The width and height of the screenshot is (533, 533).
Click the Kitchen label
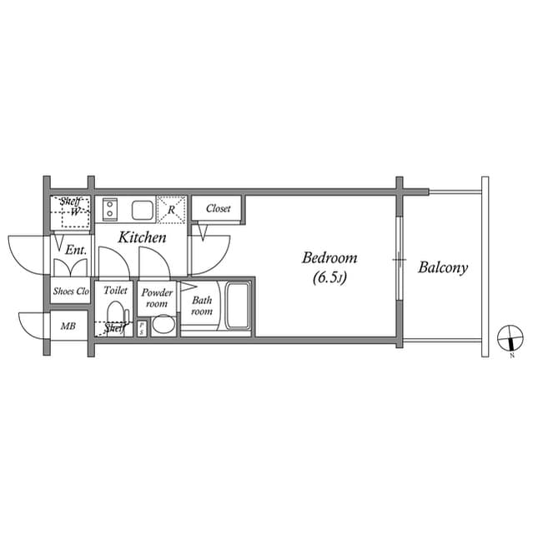click(142, 238)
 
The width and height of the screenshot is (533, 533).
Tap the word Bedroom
click(329, 258)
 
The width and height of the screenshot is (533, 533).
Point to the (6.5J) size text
click(329, 277)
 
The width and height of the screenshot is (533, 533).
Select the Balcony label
click(443, 268)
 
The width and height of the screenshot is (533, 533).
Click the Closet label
click(218, 208)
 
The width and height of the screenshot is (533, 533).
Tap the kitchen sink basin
click(141, 208)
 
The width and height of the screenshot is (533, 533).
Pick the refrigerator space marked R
click(172, 209)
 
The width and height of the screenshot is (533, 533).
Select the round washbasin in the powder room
click(163, 325)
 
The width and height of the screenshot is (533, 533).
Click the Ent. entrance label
click(76, 248)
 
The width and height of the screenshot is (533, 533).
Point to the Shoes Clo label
click(71, 291)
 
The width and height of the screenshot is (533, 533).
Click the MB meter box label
click(68, 326)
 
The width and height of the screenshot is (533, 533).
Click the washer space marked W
click(74, 212)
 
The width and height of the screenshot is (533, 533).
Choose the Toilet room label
click(115, 291)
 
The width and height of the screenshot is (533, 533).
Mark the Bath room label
click(202, 306)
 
